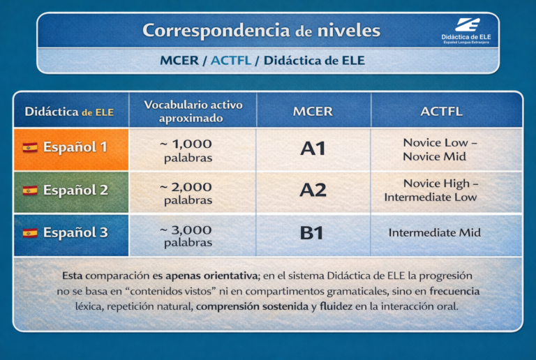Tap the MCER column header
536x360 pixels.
(x=313, y=112)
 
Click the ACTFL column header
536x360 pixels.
(x=441, y=112)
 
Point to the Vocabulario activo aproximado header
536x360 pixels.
(x=193, y=112)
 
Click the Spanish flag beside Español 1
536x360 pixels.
(x=30, y=148)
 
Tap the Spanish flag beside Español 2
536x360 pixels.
(x=30, y=190)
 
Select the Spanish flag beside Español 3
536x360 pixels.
(x=30, y=233)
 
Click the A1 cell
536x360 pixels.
(x=313, y=149)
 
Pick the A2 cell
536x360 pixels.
(x=313, y=190)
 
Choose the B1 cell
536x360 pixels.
(x=312, y=233)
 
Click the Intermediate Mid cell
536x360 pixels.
(x=434, y=233)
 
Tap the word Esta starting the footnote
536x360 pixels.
(x=72, y=276)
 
